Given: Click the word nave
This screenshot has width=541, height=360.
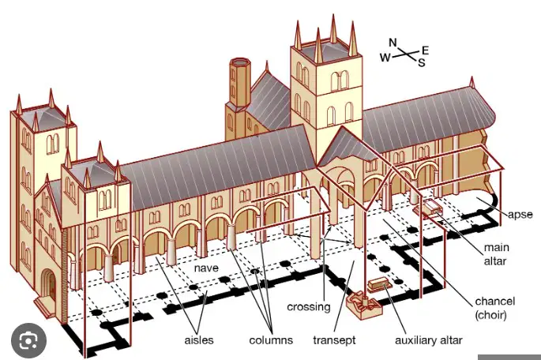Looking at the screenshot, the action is pyautogui.click(x=206, y=268).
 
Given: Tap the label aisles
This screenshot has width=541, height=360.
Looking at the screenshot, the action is pyautogui.click(x=199, y=340).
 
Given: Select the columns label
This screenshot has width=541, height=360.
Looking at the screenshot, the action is pyautogui.click(x=271, y=340).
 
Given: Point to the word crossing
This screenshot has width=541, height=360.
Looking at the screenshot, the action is pyautogui.click(x=309, y=307).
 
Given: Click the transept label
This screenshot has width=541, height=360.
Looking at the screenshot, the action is pyautogui.click(x=334, y=340).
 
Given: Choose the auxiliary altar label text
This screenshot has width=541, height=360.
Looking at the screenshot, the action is pyautogui.click(x=428, y=340).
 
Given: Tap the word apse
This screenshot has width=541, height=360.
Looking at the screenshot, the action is pyautogui.click(x=520, y=215).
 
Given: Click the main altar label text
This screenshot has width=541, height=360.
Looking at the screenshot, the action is pyautogui.click(x=496, y=254).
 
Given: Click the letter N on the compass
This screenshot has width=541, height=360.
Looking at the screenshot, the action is pyautogui.click(x=393, y=43).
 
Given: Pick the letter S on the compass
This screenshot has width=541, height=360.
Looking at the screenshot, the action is pyautogui.click(x=422, y=62).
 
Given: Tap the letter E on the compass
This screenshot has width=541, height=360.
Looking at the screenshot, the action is pyautogui.click(x=425, y=51).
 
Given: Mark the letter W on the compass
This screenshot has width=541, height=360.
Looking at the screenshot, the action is pyautogui.click(x=385, y=58).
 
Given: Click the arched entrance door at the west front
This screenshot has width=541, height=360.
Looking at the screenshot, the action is pyautogui.click(x=49, y=284).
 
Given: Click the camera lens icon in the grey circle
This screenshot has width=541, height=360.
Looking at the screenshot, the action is pyautogui.click(x=28, y=341).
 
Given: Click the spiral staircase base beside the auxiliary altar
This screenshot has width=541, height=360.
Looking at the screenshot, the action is pyautogui.click(x=363, y=306).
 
